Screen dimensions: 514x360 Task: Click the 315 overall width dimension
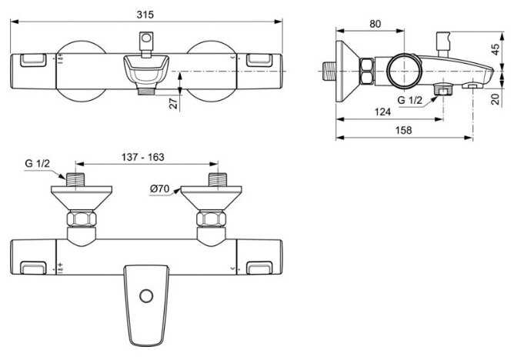click(x=145, y=15)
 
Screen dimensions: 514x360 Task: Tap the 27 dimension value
click(x=174, y=103)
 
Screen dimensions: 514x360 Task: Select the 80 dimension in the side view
click(x=375, y=24)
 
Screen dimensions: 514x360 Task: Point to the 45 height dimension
click(x=496, y=49)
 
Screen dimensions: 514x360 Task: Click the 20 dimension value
click(x=496, y=98)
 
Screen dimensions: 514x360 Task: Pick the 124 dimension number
click(x=382, y=112)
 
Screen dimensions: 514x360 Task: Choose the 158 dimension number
click(x=403, y=130)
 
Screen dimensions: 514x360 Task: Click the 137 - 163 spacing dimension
click(x=143, y=157)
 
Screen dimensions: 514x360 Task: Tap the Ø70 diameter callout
click(x=159, y=188)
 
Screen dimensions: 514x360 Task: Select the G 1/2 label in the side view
click(x=410, y=100)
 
